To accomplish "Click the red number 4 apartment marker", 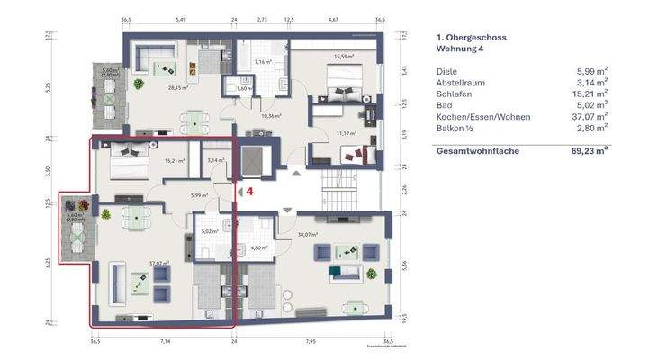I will click(x=251, y=191).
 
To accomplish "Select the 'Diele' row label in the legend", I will click(x=446, y=70).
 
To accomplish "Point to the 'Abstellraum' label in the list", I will click(x=460, y=82).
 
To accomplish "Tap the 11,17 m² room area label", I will click(x=346, y=133).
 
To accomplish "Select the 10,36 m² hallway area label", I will click(x=273, y=116).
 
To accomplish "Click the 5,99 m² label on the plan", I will click(x=199, y=194).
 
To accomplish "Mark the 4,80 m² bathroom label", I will click(x=260, y=247).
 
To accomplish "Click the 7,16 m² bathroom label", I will click(x=264, y=62).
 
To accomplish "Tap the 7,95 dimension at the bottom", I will click(x=311, y=342).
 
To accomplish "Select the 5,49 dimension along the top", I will click(x=180, y=18).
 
